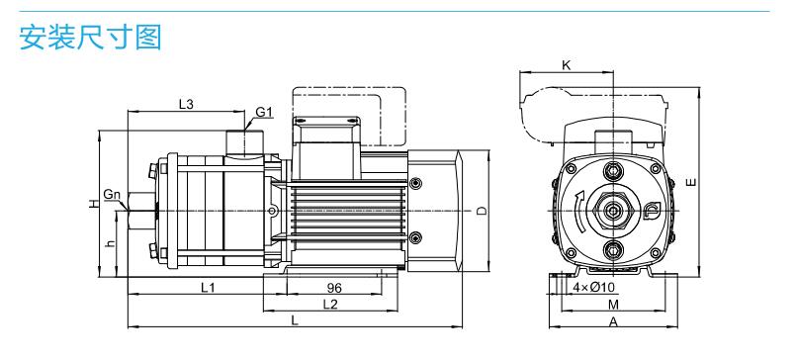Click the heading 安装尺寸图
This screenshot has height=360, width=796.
[90, 37]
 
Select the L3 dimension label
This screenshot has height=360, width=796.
[186, 104]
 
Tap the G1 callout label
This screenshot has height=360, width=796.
[264, 112]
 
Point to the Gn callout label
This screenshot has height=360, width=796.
[112, 194]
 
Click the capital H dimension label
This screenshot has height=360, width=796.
[93, 204]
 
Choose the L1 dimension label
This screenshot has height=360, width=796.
[208, 288]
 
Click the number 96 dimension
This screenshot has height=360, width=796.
[334, 288]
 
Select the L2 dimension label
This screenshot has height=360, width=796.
[330, 304]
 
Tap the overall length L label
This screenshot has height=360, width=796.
[295, 319]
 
